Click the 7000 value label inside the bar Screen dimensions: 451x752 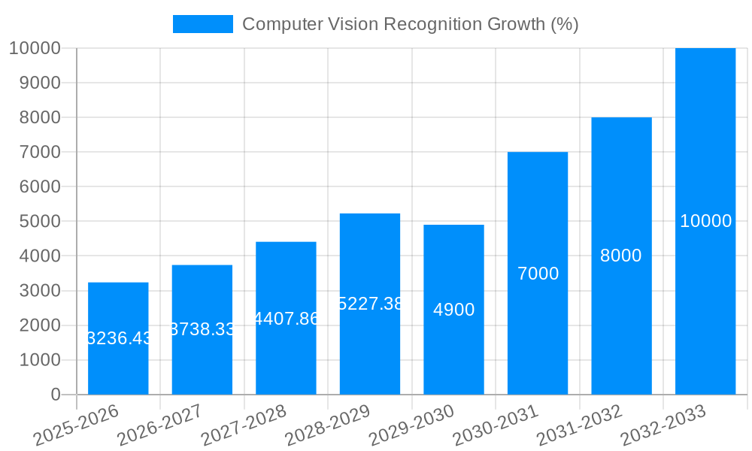pos(538,274)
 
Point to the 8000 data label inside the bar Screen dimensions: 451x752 pos(621,256)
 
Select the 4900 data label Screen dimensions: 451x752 pos(453,310)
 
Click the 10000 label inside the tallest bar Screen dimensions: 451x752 pos(705,221)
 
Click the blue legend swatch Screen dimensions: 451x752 pos(202,24)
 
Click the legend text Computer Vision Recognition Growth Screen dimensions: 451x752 pos(410,24)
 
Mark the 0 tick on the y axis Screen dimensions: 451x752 pos(55,395)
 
